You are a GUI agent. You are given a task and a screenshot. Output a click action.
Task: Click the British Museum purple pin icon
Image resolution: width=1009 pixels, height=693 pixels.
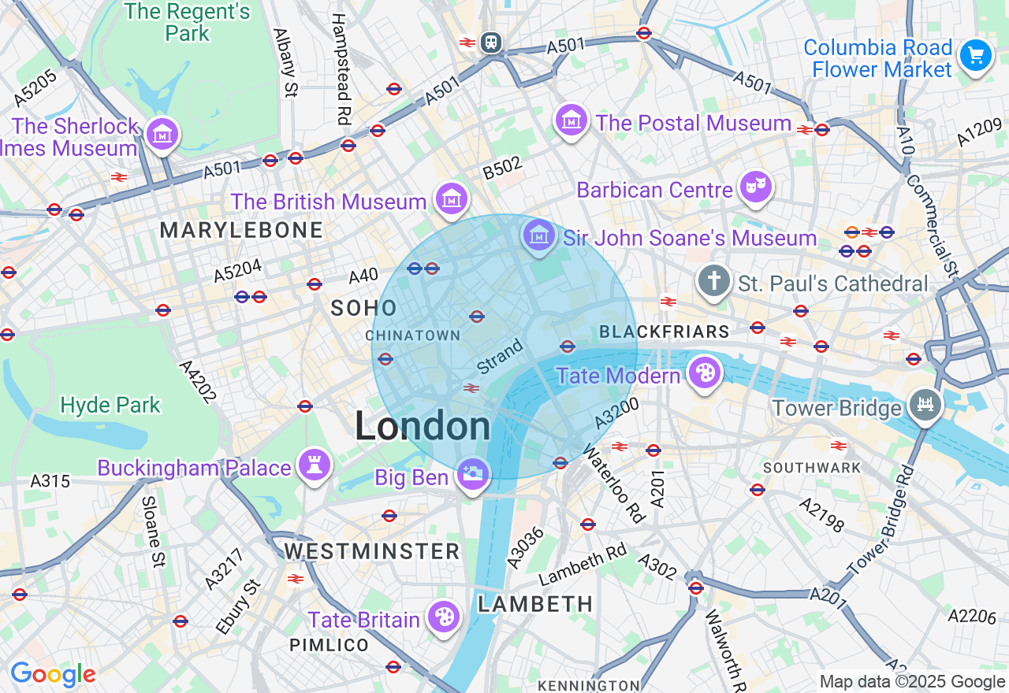click(452, 198)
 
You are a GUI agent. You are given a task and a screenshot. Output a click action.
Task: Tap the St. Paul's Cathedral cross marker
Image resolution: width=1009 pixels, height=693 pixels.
click(714, 281)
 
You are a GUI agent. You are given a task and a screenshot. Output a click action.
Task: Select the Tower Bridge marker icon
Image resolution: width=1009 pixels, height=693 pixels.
click(925, 405)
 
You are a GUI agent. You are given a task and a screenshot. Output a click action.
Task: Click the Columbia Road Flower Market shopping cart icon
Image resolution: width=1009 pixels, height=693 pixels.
click(976, 56)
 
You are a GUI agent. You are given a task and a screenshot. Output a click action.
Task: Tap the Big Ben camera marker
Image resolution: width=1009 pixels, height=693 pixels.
click(473, 474)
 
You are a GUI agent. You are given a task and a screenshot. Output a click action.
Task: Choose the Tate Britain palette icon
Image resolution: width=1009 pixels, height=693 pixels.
click(444, 617)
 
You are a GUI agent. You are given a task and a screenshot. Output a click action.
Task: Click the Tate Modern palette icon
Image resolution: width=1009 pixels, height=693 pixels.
click(704, 373)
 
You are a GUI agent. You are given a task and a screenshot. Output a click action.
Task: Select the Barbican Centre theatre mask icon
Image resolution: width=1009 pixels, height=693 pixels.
click(755, 187)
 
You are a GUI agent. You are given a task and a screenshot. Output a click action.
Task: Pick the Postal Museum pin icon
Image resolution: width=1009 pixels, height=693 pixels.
click(572, 120)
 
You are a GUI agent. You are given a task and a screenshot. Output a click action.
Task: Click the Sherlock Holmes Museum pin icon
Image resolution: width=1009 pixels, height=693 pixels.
click(162, 134)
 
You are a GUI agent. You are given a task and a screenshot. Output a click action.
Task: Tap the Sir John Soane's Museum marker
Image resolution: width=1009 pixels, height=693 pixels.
click(538, 235)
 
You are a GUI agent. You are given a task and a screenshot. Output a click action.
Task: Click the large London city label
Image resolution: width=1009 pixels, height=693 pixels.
click(423, 427)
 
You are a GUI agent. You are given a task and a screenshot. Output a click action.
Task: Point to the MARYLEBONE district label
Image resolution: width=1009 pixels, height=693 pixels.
click(241, 230)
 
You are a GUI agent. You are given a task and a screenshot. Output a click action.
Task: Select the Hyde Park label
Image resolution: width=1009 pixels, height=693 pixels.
click(110, 406)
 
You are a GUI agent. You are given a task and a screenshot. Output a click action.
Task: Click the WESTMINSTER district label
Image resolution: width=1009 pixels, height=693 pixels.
click(372, 550)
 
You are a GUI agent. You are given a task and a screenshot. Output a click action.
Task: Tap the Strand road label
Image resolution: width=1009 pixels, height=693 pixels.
click(500, 357)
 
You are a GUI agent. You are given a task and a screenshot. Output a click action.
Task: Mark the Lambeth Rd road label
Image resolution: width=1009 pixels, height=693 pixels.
click(583, 565)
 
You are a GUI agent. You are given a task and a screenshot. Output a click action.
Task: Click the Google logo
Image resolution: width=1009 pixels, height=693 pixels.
click(53, 674)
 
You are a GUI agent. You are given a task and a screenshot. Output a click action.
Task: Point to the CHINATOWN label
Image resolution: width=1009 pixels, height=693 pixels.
click(413, 335)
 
